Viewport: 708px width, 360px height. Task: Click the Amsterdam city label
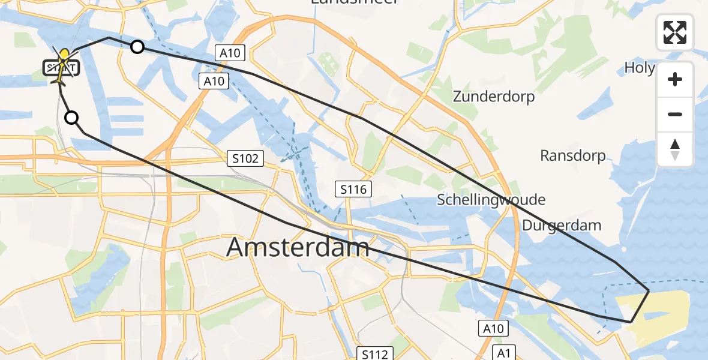[298, 247]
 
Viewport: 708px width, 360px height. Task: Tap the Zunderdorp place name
[493, 96]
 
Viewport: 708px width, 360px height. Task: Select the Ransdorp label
[572, 156]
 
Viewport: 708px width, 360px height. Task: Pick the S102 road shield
[246, 158]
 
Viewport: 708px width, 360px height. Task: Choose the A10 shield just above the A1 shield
[493, 328]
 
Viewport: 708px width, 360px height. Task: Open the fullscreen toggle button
[675, 32]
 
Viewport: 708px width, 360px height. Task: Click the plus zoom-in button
[675, 79]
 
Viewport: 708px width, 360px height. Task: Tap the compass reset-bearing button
[675, 149]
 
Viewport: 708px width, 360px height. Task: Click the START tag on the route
[61, 67]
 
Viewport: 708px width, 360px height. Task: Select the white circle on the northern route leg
[137, 47]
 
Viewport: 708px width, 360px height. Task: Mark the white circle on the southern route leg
[71, 118]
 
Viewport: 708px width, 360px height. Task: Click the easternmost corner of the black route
[649, 291]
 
